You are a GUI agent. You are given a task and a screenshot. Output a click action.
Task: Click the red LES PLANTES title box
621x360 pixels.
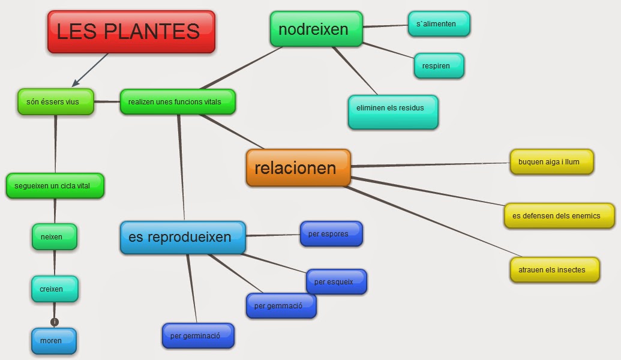(x=131, y=32)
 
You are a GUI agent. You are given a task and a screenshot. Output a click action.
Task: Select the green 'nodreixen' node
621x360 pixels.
(x=316, y=29)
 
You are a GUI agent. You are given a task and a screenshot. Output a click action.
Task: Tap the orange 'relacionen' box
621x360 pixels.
(x=298, y=167)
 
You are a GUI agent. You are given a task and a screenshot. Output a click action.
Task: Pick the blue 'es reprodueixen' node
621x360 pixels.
(x=182, y=237)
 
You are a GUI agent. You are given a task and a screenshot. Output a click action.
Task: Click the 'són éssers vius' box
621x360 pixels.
(x=56, y=101)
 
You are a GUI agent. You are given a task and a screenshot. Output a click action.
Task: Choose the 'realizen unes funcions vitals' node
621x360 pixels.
(x=178, y=101)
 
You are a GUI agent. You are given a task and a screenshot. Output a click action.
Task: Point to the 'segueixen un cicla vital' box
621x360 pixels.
(x=55, y=185)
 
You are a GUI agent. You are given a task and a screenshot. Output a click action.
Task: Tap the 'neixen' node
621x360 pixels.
(x=54, y=236)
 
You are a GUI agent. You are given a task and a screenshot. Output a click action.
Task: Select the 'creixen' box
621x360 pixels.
(x=54, y=289)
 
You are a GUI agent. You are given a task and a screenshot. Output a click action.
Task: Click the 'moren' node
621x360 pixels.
(x=54, y=341)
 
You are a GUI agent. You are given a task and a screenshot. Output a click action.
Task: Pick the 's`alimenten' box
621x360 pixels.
(x=439, y=24)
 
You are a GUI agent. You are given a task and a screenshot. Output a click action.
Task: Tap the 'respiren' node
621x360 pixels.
(x=439, y=65)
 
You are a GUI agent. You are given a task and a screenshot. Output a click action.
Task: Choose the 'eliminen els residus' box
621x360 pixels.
(x=393, y=112)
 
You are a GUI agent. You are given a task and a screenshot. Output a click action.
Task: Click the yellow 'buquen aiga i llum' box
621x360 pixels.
(x=551, y=162)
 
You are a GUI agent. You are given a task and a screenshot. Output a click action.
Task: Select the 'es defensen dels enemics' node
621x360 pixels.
(x=559, y=215)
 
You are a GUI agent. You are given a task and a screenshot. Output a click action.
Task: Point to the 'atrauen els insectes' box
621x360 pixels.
(x=555, y=269)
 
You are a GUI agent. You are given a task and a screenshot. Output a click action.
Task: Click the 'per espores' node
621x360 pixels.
(x=331, y=233)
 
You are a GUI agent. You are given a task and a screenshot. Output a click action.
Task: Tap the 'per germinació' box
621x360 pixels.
(x=198, y=335)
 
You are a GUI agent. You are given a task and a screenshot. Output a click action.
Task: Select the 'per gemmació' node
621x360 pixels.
(x=281, y=305)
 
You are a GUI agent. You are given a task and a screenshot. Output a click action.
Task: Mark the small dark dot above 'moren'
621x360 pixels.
(x=55, y=322)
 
